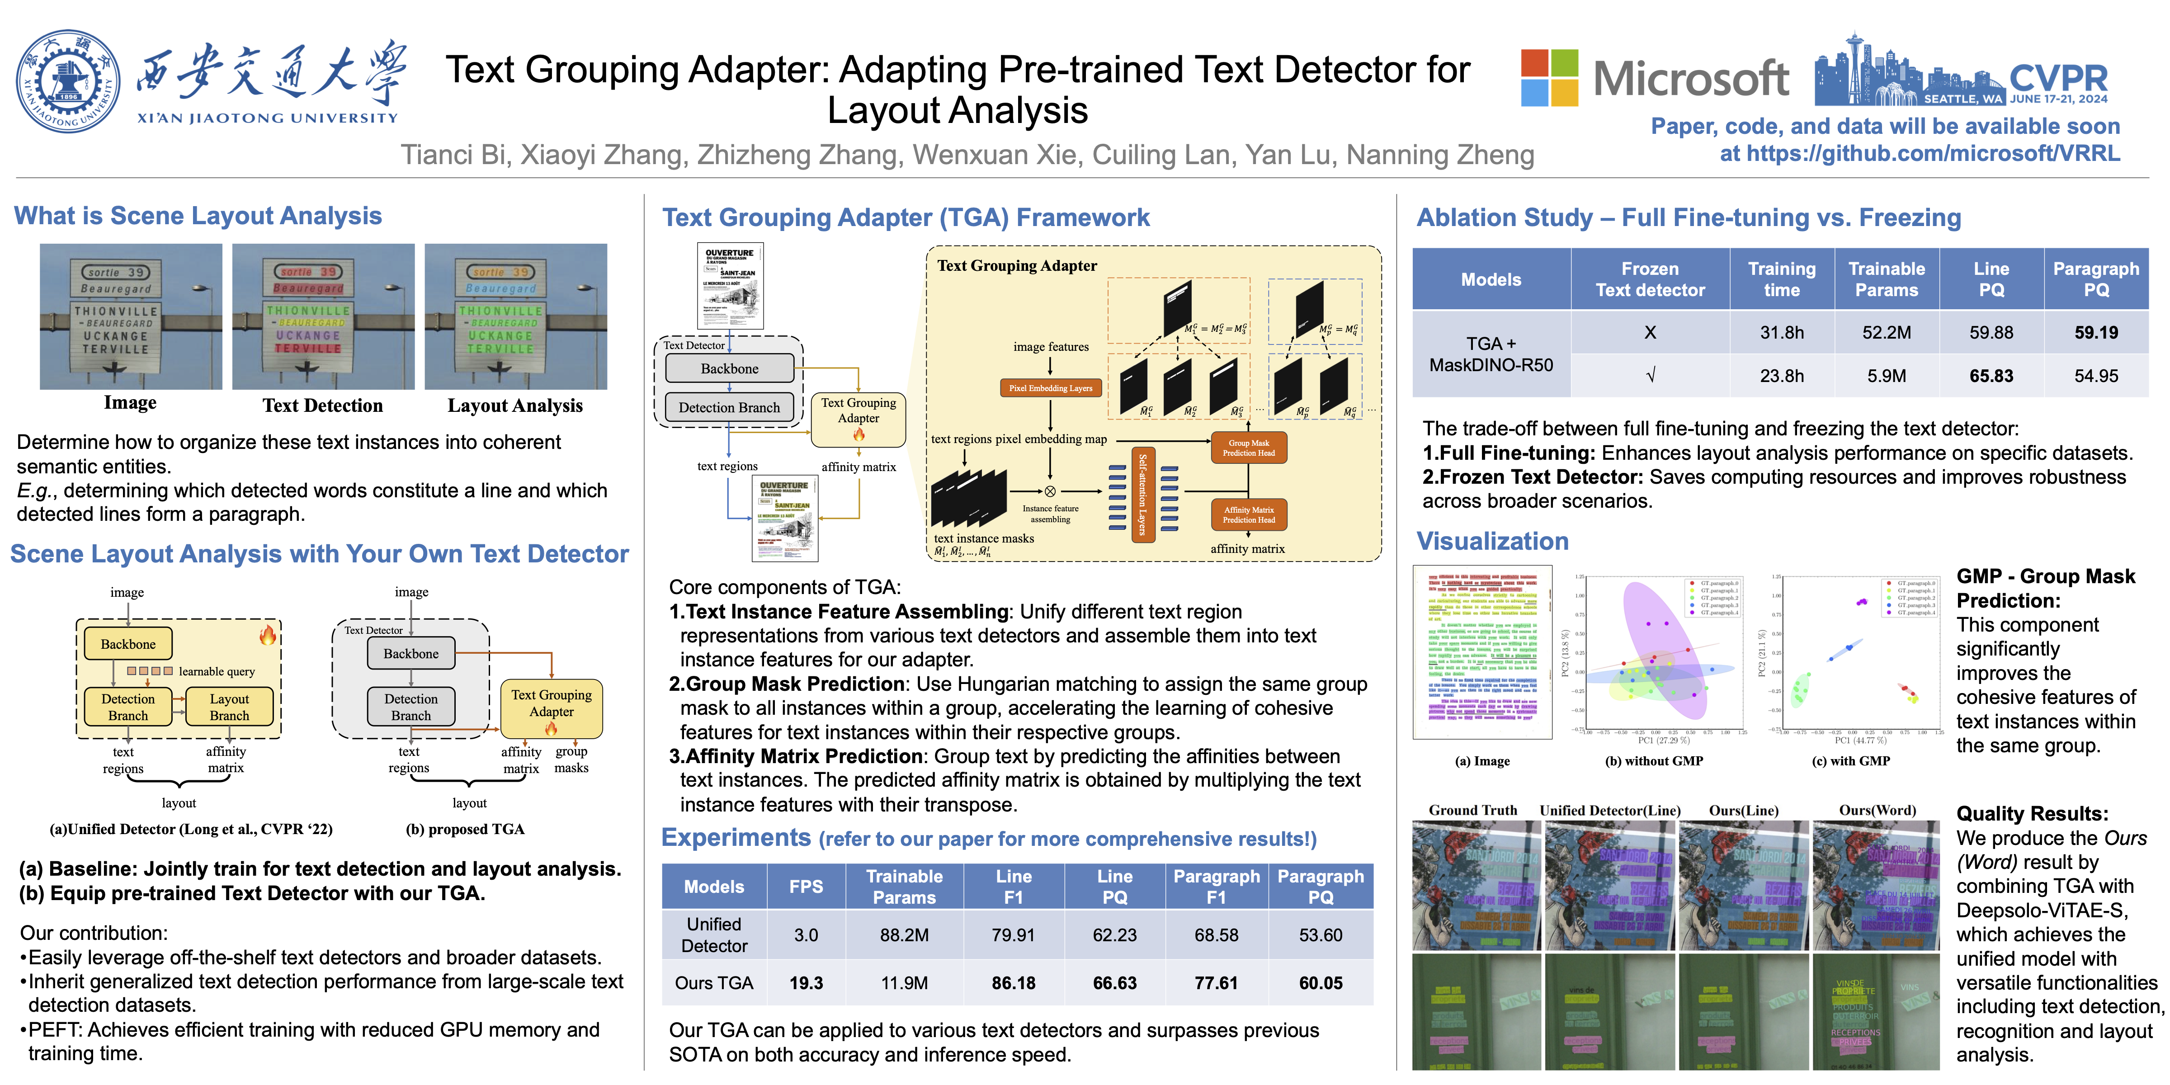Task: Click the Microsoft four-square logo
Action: tap(1548, 77)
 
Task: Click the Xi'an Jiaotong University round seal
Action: tap(67, 82)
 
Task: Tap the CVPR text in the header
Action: tap(2058, 78)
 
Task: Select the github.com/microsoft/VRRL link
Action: tap(1933, 153)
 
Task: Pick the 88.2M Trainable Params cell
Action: tap(904, 935)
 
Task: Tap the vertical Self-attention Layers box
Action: tap(1142, 495)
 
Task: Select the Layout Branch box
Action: tap(229, 707)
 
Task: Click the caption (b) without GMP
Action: tap(1654, 761)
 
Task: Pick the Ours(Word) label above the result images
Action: tap(1877, 811)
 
